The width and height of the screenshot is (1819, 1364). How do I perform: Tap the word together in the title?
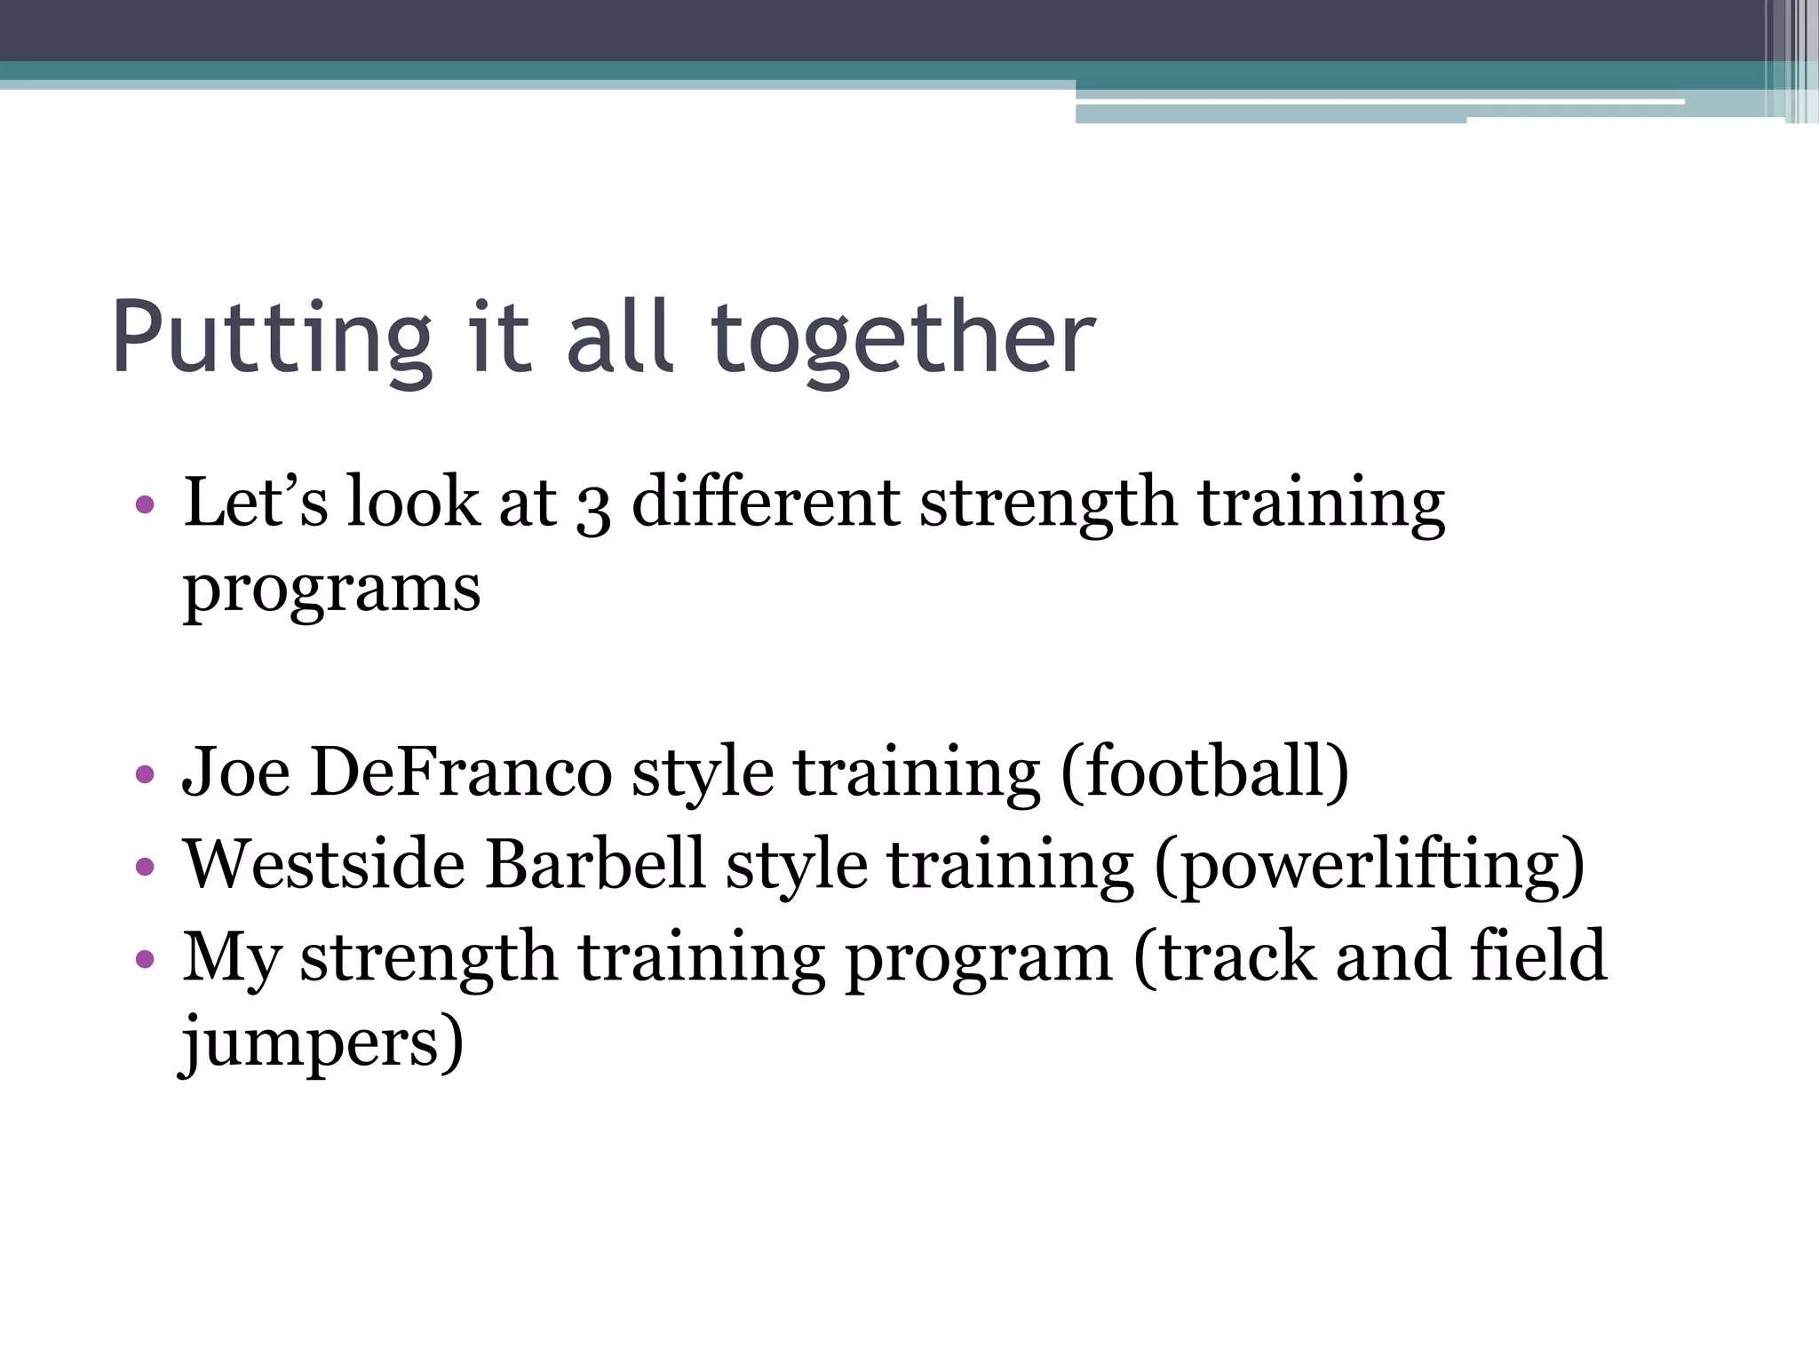tap(903, 340)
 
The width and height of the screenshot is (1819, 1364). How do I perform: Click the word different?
tap(766, 503)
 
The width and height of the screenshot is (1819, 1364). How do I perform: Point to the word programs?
tap(331, 591)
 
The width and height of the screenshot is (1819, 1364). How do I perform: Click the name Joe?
tap(235, 772)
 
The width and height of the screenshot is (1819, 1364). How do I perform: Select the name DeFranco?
tap(461, 772)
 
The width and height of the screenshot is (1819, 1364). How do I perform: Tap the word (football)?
tap(1205, 772)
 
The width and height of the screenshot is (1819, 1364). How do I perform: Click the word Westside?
tap(324, 864)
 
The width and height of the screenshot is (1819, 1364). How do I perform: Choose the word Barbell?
tap(595, 864)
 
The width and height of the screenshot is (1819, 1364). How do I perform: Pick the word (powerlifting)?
tap(1369, 866)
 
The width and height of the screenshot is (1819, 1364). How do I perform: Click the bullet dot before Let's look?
tap(145, 505)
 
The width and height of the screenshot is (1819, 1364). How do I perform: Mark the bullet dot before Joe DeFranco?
tap(145, 774)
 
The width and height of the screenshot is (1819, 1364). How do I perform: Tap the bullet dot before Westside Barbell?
tap(145, 867)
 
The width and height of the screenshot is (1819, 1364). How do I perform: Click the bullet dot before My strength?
tap(145, 959)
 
